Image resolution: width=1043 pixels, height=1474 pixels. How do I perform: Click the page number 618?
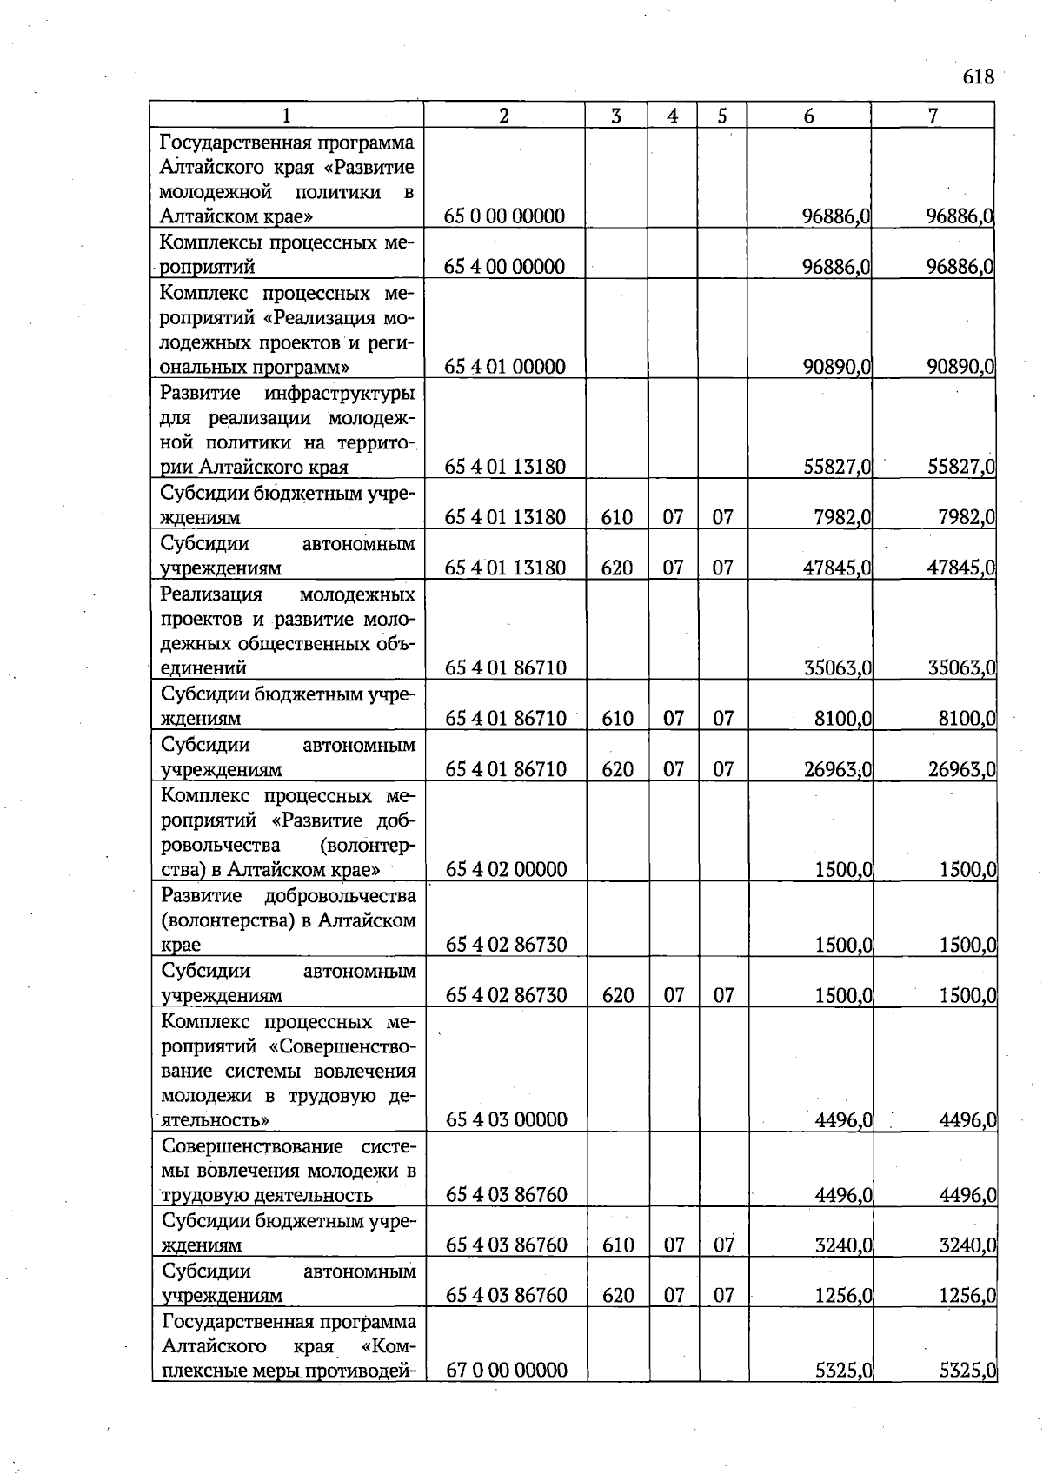click(978, 77)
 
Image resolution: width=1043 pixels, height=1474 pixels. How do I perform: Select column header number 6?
click(809, 116)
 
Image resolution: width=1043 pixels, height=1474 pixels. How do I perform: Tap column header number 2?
click(504, 116)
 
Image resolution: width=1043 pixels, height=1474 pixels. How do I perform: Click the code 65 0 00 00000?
click(505, 216)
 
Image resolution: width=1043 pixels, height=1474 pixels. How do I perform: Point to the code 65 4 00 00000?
click(505, 267)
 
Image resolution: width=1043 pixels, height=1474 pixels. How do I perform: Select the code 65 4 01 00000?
click(505, 367)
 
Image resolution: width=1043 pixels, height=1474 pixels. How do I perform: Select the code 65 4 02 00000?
click(506, 870)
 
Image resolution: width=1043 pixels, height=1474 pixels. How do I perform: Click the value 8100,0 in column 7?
click(967, 719)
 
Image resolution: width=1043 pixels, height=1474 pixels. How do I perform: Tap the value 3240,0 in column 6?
click(844, 1245)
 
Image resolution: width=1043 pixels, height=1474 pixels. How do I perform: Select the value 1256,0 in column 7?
click(968, 1296)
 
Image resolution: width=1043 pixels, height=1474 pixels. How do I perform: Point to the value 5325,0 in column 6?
click(844, 1371)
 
